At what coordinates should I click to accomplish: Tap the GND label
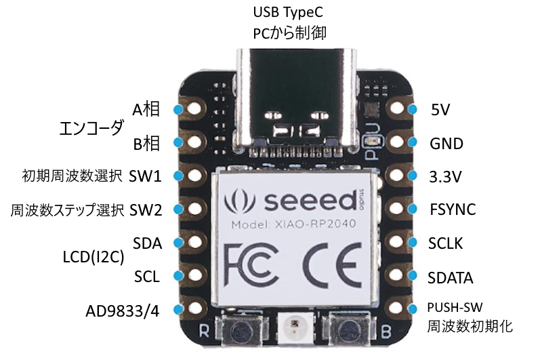coord(446,144)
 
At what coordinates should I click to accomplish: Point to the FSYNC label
coord(452,209)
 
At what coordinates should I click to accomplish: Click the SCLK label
coord(446,243)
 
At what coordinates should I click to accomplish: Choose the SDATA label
coord(451,277)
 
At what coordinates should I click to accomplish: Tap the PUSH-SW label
coord(459,307)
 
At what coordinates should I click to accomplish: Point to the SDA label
coord(148,243)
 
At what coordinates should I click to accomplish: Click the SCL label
coord(148,277)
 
